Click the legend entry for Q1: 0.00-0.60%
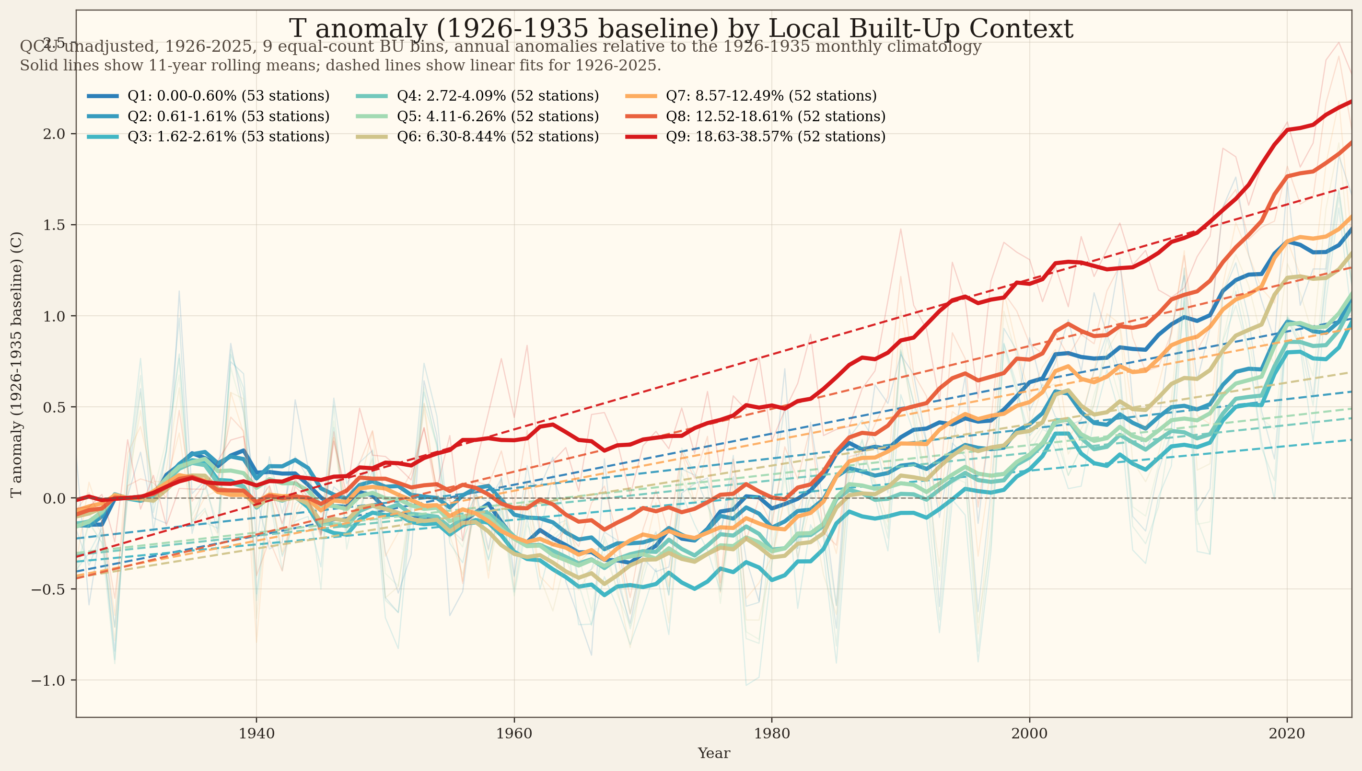(228, 96)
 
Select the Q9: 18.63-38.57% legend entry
(775, 137)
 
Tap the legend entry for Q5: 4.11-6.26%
(498, 116)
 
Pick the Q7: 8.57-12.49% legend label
(771, 96)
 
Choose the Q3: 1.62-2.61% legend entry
(228, 137)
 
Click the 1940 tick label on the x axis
(256, 734)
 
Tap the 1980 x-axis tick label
(772, 734)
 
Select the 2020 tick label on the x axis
(1287, 734)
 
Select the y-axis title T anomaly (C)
(16, 364)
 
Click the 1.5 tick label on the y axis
(53, 225)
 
